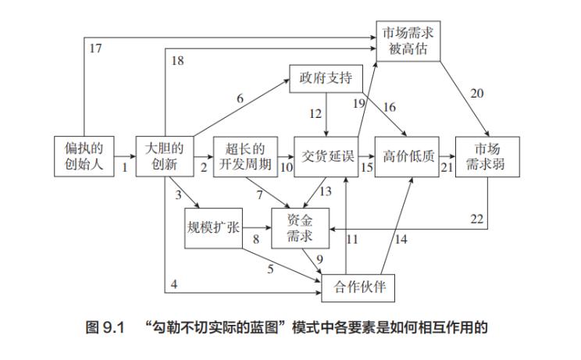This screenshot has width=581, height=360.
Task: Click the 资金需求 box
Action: tap(301, 229)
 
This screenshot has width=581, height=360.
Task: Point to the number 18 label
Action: tap(177, 61)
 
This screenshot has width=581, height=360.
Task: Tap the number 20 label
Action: tap(476, 94)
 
